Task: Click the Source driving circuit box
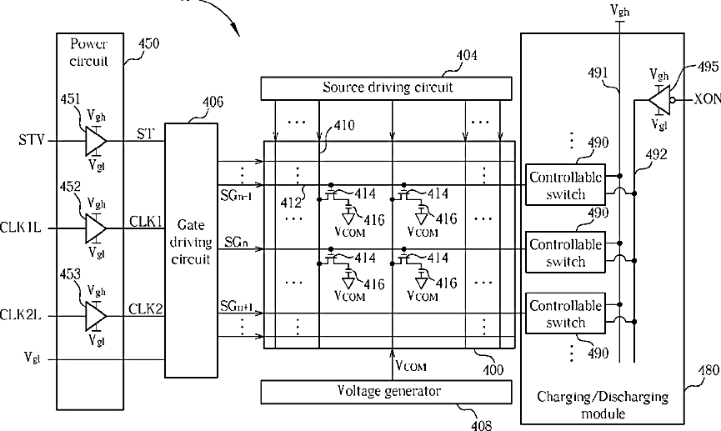point(386,88)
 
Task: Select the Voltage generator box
point(386,392)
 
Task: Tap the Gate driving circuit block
point(191,250)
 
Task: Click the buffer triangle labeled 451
point(96,141)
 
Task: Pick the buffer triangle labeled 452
point(96,228)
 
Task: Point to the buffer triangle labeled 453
point(96,316)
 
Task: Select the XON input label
point(707,99)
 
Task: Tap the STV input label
point(32,140)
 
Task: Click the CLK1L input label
point(21,228)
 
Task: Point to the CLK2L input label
point(21,315)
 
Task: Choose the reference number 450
point(148,43)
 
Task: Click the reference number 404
point(467,56)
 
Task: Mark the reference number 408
point(482,424)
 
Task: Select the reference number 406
point(213,102)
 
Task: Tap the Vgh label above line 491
point(620,11)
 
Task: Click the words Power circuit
point(89,53)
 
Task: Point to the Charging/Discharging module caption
point(603,405)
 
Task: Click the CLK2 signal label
point(146,308)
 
